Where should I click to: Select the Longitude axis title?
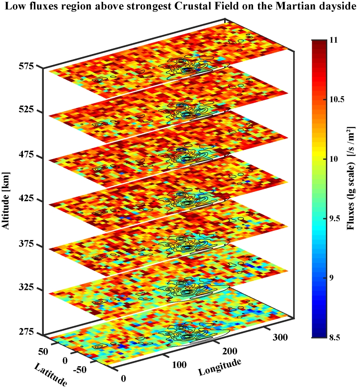tap(219, 366)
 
